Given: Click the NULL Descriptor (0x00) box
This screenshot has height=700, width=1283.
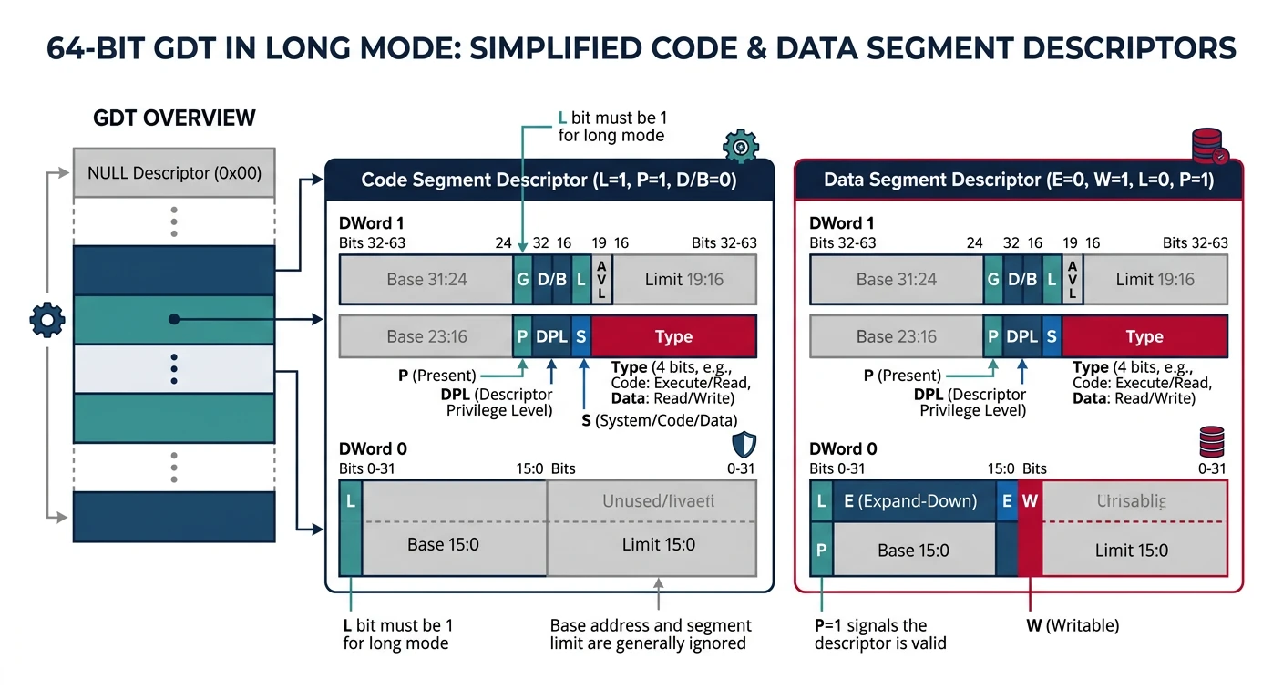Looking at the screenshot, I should (x=174, y=172).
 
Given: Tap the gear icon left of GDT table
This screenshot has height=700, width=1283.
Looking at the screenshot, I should (x=47, y=319).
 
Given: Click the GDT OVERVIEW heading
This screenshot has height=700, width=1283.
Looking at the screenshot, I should (x=174, y=118).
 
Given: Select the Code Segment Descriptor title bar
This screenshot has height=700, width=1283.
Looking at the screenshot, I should (x=549, y=180).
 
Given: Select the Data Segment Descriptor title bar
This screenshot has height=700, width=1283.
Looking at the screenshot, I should (x=1018, y=180).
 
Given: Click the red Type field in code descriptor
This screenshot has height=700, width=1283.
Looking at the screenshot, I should (x=673, y=336).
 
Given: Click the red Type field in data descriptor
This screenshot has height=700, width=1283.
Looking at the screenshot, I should (x=1144, y=336).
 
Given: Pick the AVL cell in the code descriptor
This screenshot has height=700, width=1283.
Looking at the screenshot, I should (x=601, y=279).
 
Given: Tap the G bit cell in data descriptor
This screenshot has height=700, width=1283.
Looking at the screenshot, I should (x=993, y=279).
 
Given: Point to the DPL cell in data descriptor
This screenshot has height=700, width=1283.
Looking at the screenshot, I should (x=1022, y=336).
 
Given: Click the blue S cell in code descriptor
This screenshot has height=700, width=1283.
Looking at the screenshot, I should (x=581, y=336).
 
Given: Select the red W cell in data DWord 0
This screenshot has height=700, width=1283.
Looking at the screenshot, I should (x=1030, y=501).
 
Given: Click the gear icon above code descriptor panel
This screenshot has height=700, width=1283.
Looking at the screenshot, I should (x=740, y=146).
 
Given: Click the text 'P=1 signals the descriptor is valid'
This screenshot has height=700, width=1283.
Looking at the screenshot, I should (x=879, y=634).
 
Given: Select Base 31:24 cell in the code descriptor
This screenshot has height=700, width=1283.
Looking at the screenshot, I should (x=426, y=279).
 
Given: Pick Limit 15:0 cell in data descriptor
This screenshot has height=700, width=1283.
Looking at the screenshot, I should (x=1132, y=550).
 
